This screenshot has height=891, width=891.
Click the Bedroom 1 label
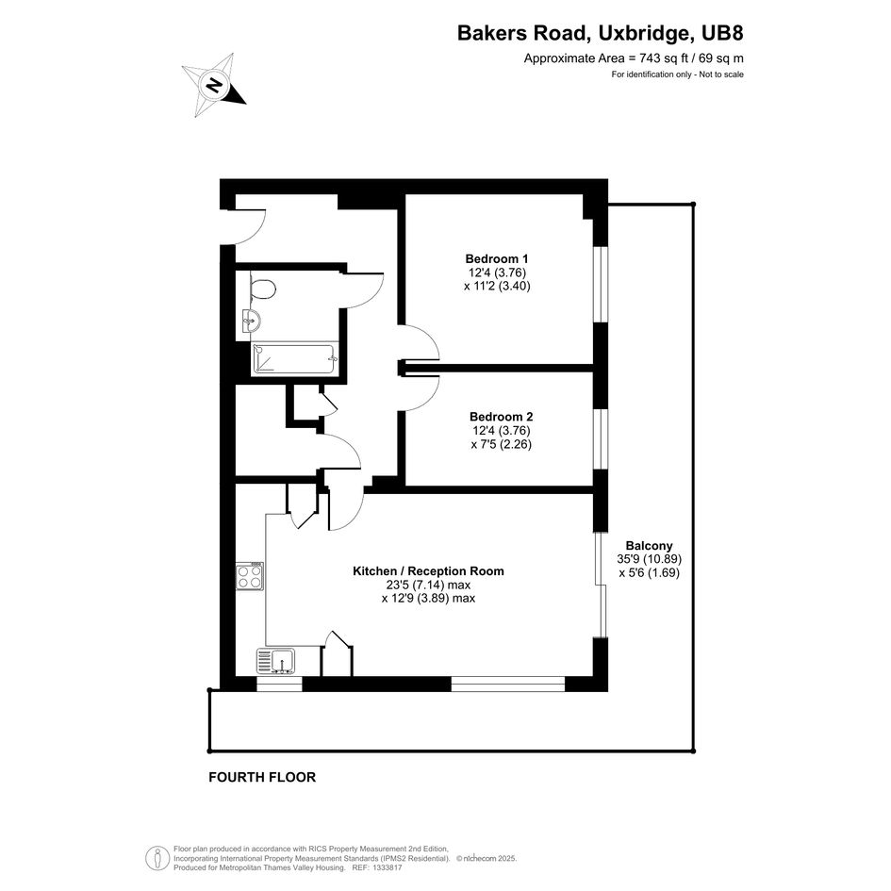click(497, 258)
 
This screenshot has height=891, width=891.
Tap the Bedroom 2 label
click(502, 417)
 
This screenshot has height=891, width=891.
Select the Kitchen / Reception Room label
click(428, 571)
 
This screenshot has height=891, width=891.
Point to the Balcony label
click(649, 546)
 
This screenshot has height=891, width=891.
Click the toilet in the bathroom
click(262, 289)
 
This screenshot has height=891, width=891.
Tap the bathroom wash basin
click(252, 322)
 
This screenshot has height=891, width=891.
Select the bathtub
click(295, 358)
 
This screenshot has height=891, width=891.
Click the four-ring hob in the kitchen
click(250, 577)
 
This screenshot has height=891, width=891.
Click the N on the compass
click(214, 85)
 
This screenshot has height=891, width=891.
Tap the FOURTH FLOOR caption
click(262, 777)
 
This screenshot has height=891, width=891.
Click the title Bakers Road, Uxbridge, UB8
click(600, 33)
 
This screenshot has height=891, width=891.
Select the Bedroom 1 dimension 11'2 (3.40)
click(497, 286)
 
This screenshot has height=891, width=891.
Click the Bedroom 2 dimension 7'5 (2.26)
click(502, 444)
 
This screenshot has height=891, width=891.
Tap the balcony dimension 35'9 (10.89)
click(649, 558)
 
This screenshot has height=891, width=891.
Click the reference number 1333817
click(386, 867)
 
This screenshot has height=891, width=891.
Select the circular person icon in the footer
click(157, 858)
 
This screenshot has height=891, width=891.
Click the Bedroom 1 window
click(601, 284)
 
